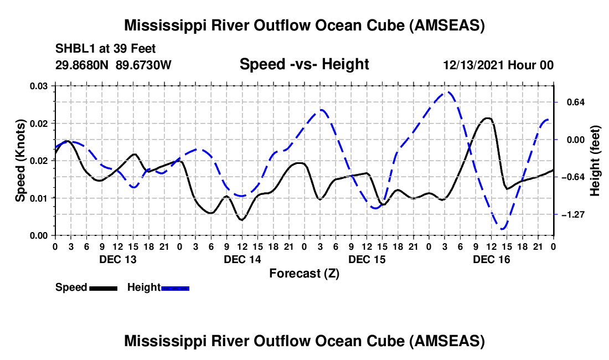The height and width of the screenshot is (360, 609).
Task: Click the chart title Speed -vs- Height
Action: (304, 65)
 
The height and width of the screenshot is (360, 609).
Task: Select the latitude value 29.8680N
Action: (82, 65)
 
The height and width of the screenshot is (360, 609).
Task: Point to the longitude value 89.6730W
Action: (144, 65)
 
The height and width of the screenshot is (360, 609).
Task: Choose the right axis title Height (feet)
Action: (595, 161)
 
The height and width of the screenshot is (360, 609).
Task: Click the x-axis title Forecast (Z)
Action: (304, 273)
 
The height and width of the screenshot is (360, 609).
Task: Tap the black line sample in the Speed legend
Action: (103, 288)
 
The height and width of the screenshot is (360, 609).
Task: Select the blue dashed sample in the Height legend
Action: (175, 288)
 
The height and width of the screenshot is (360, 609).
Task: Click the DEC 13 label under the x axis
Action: (117, 259)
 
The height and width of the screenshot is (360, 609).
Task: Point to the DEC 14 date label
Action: (242, 259)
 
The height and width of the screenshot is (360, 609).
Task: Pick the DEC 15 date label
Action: (367, 259)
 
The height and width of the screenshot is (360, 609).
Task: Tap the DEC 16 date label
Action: (491, 259)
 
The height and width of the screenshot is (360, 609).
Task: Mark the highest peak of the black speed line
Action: (487, 118)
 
